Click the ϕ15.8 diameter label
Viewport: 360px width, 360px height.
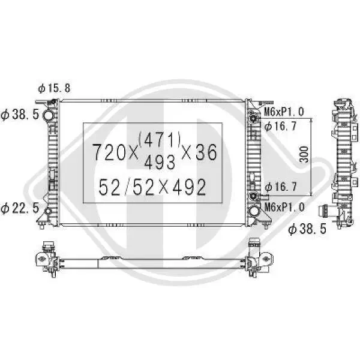pyautogui.click(x=54, y=88)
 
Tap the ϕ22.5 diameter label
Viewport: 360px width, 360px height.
pyautogui.click(x=20, y=208)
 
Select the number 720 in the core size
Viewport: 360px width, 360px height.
pyautogui.click(x=109, y=152)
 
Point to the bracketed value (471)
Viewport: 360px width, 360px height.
pyautogui.click(x=160, y=140)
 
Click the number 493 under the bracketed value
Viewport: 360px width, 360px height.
pyautogui.click(x=160, y=161)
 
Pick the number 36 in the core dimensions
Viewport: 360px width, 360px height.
pyautogui.click(x=206, y=152)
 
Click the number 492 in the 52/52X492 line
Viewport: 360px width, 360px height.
pyautogui.click(x=189, y=187)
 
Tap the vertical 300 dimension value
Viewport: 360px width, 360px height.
pyautogui.click(x=304, y=155)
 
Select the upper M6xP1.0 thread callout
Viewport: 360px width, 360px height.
pyautogui.click(x=284, y=112)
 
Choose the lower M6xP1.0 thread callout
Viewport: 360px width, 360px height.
pyautogui.click(x=284, y=208)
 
